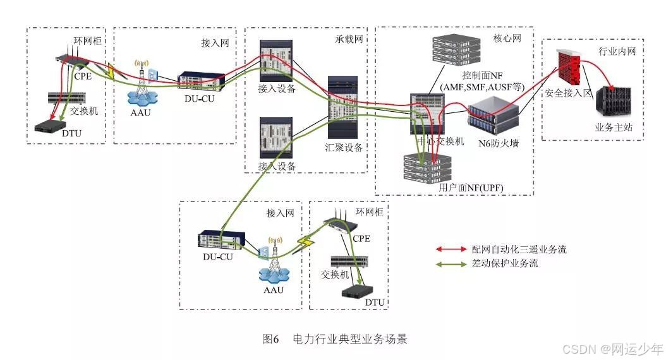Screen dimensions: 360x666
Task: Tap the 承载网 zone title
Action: click(349, 39)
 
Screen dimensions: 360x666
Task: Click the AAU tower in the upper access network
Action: click(142, 82)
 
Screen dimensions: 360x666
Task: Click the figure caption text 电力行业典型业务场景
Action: click(349, 339)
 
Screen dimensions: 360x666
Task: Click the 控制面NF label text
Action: click(480, 76)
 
